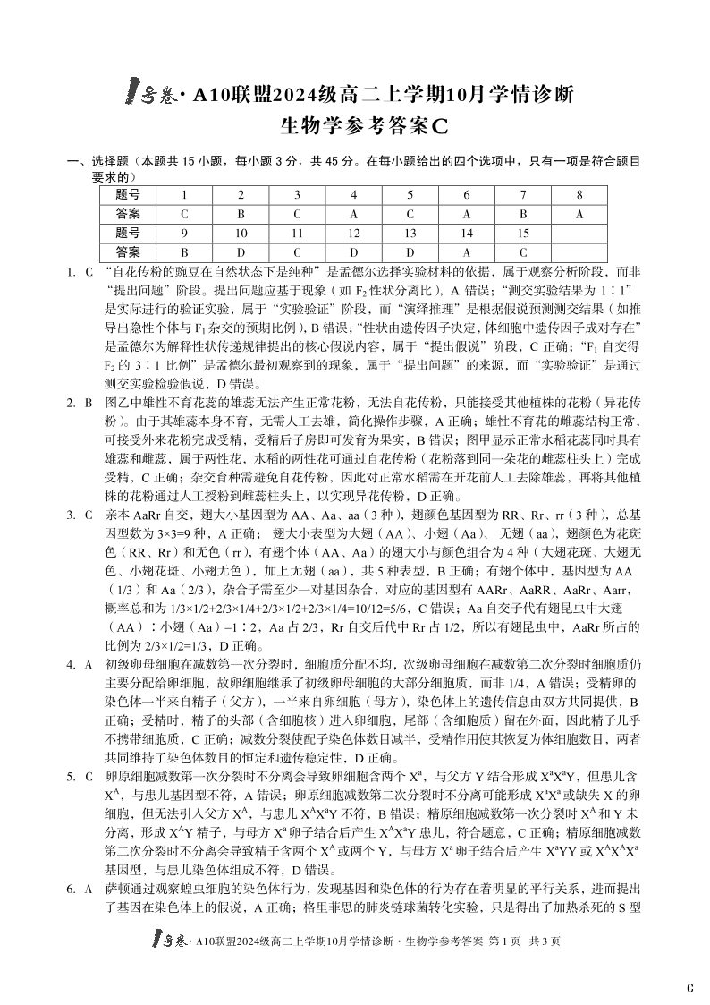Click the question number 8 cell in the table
point(579,194)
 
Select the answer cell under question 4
point(353,214)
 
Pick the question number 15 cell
point(523,234)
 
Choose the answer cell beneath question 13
point(410,252)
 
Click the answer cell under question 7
point(523,214)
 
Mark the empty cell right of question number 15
point(579,234)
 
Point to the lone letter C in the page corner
point(689,988)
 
